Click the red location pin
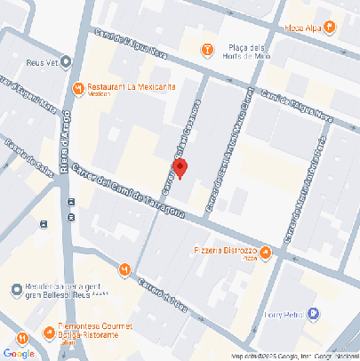tap(180, 168)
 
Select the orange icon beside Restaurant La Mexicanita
tap(78, 88)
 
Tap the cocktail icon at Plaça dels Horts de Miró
tap(207, 49)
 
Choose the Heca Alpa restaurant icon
tap(329, 28)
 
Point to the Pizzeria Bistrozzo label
tap(224, 252)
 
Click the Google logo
tap(19, 353)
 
